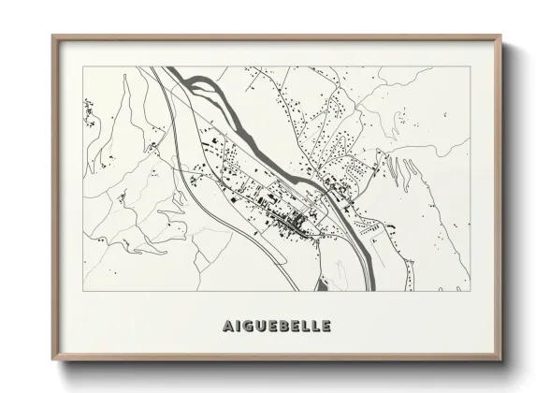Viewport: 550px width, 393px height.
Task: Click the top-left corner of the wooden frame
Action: tap(52, 36)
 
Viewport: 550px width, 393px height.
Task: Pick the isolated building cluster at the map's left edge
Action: tap(91, 112)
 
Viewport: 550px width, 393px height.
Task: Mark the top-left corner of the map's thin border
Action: tap(83, 67)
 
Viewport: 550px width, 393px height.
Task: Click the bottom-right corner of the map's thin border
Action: tap(472, 290)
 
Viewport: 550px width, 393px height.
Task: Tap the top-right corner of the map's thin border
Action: tap(472, 67)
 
